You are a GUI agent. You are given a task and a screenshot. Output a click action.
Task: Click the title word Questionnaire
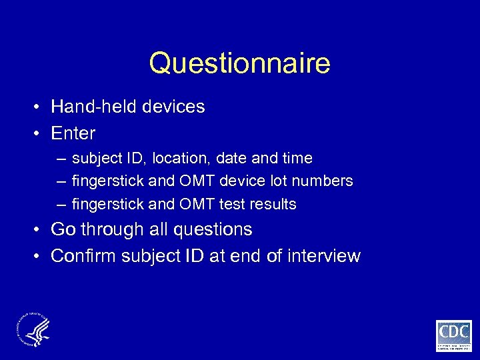[239, 64]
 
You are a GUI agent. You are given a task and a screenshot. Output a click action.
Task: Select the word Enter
[73, 133]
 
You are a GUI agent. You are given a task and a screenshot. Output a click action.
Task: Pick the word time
[297, 159]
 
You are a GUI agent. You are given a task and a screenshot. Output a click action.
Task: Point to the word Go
[63, 230]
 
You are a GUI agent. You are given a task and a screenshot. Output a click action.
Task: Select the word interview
[323, 256]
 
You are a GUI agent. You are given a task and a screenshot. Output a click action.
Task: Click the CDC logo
[453, 335]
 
